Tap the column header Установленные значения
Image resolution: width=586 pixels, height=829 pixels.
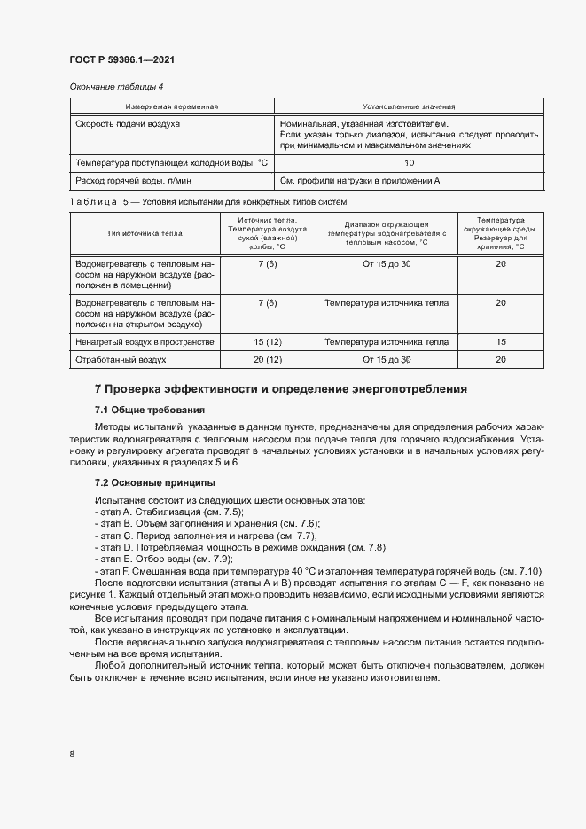pyautogui.click(x=409, y=106)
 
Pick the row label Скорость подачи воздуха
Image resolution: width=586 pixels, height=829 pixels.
pyautogui.click(x=128, y=124)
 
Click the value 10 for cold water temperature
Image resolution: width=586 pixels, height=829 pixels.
pyautogui.click(x=409, y=163)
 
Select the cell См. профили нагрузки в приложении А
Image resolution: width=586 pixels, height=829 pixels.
pyautogui.click(x=360, y=181)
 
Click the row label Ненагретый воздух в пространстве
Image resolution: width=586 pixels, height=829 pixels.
pyautogui.click(x=145, y=341)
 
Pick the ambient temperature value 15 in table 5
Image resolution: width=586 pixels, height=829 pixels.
pyautogui.click(x=501, y=341)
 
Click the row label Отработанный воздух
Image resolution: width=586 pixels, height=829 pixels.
pyautogui.click(x=121, y=360)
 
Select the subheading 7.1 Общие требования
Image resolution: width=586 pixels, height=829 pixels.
pyautogui.click(x=149, y=410)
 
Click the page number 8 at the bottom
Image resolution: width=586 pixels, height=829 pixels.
pyautogui.click(x=71, y=754)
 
